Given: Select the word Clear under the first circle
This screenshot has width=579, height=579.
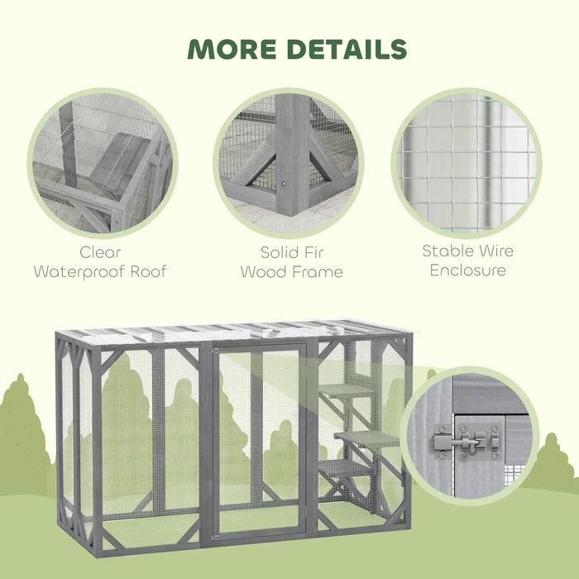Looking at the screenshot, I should tap(100, 252).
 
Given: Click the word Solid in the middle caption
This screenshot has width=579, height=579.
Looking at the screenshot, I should tap(272, 252).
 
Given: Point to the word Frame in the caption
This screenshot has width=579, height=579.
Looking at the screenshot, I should tap(315, 271).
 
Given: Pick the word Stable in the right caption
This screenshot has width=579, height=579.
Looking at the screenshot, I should tap(447, 251).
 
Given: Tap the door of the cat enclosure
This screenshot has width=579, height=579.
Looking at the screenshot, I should tap(258, 438).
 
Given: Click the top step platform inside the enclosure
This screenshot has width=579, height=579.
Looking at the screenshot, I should tap(346, 389).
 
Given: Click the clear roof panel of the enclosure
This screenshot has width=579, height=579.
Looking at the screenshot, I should tap(232, 333).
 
